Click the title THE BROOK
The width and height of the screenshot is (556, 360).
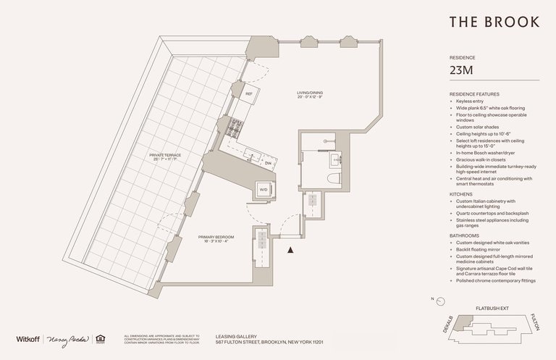click(x=494, y=22)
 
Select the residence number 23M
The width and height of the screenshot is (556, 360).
click(x=464, y=70)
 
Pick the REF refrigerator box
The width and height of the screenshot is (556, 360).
click(x=248, y=94)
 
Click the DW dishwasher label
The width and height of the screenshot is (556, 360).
click(x=267, y=163)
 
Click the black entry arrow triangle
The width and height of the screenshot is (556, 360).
click(x=291, y=250)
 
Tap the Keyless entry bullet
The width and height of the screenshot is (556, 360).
click(x=471, y=102)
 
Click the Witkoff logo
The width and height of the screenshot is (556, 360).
click(x=27, y=339)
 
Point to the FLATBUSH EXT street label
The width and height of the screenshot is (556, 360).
click(x=492, y=308)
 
